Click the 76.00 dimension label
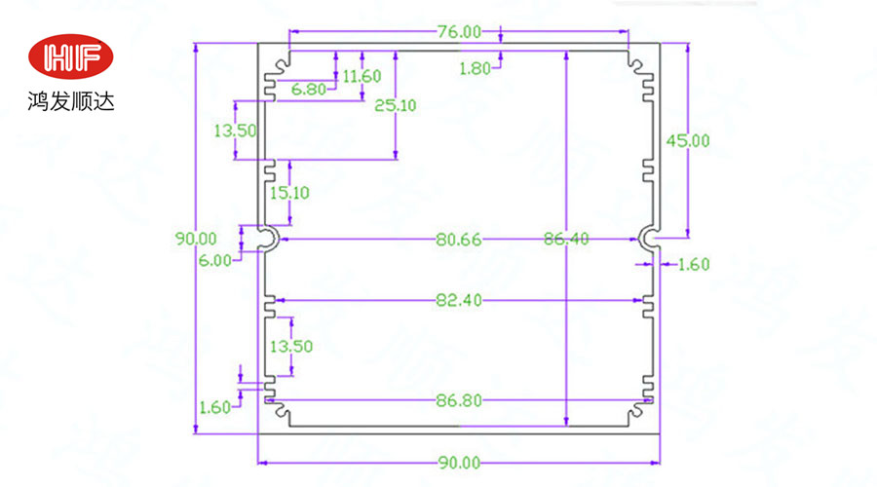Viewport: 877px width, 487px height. point(459,31)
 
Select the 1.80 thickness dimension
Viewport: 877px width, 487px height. point(476,68)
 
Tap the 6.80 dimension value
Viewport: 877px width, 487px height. point(310,90)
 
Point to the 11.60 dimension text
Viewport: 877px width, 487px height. point(362,76)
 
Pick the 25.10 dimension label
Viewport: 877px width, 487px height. point(395,105)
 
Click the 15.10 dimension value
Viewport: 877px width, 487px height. point(289,193)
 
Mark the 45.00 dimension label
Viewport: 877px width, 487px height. point(688,140)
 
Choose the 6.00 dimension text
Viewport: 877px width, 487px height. point(215,260)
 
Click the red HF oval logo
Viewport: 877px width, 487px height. point(70,59)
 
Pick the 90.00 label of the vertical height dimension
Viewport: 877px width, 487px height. point(195,238)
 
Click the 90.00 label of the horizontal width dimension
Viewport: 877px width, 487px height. point(458,463)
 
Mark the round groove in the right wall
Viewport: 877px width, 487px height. point(648,238)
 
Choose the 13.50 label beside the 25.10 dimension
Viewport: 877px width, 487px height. point(235,130)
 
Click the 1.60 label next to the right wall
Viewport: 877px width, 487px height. point(694,263)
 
